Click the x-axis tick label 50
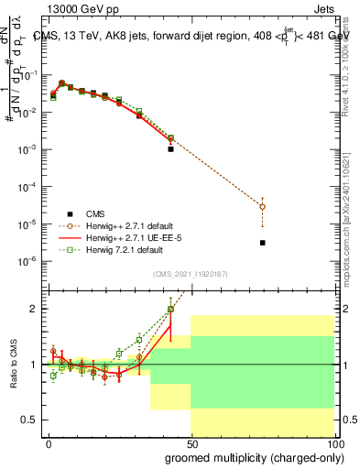(191, 442)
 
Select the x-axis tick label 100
(333, 442)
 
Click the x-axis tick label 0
(49, 442)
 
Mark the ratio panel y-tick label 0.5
(28, 420)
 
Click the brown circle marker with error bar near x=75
(262, 207)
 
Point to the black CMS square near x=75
(262, 243)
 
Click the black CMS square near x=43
(170, 148)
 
